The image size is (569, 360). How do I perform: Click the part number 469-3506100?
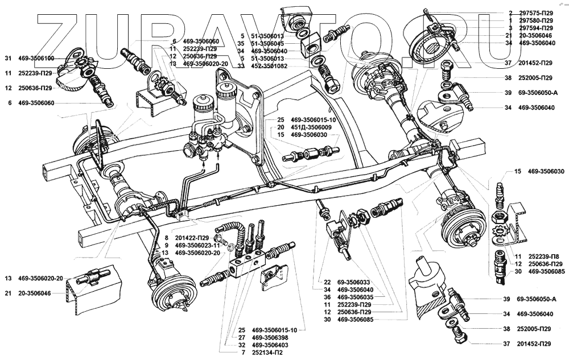36,59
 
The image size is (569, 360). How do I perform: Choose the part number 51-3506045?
275,43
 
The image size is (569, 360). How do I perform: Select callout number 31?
8,59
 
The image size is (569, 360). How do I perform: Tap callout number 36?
327,297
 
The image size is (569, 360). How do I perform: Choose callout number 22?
327,282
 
